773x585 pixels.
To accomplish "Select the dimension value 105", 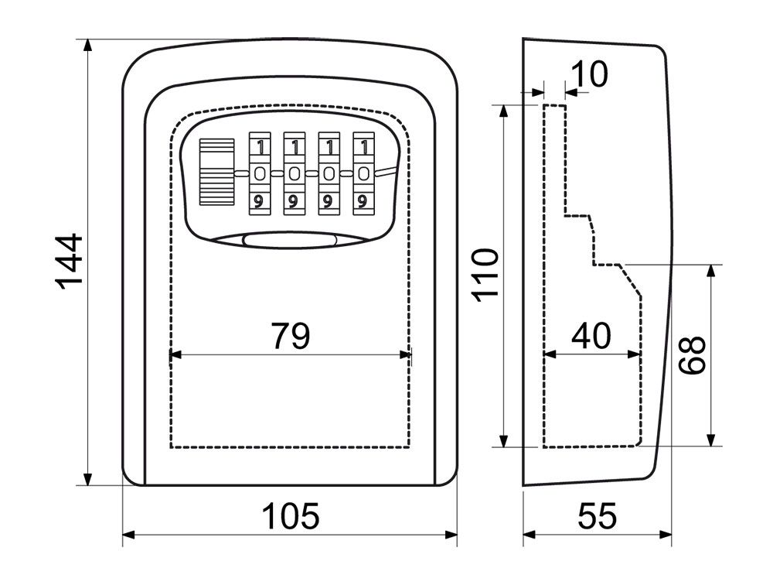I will tap(289, 515).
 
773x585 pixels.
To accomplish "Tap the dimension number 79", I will tap(290, 336).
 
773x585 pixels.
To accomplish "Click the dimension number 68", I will tap(693, 355).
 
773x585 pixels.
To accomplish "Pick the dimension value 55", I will tap(598, 515).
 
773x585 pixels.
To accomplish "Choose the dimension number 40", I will tap(591, 336).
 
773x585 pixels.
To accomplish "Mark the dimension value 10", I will tap(591, 74).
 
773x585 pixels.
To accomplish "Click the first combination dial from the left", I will tap(260, 173).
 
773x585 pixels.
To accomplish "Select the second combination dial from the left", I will tap(294, 173).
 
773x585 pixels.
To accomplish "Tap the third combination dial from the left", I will tap(328, 173).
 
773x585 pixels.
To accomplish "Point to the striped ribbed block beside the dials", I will tap(216, 172).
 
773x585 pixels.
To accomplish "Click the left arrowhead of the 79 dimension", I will tap(173, 354).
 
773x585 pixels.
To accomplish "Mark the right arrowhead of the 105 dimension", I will tap(453, 535).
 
